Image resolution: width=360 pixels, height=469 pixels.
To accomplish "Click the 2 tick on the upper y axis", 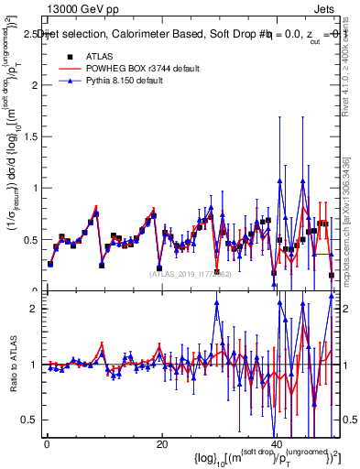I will [x=35, y=85].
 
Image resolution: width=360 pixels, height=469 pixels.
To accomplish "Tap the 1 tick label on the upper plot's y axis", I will [x=35, y=188].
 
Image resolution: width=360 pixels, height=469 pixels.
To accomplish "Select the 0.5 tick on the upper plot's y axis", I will [x=30, y=240].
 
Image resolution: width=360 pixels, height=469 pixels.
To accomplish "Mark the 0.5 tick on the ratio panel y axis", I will [x=30, y=420].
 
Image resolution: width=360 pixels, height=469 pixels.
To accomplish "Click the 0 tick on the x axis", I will [x=46, y=443].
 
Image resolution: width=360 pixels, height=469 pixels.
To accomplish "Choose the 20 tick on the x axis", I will [x=161, y=443].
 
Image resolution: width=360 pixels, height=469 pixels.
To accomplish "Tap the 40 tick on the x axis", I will [x=277, y=443].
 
